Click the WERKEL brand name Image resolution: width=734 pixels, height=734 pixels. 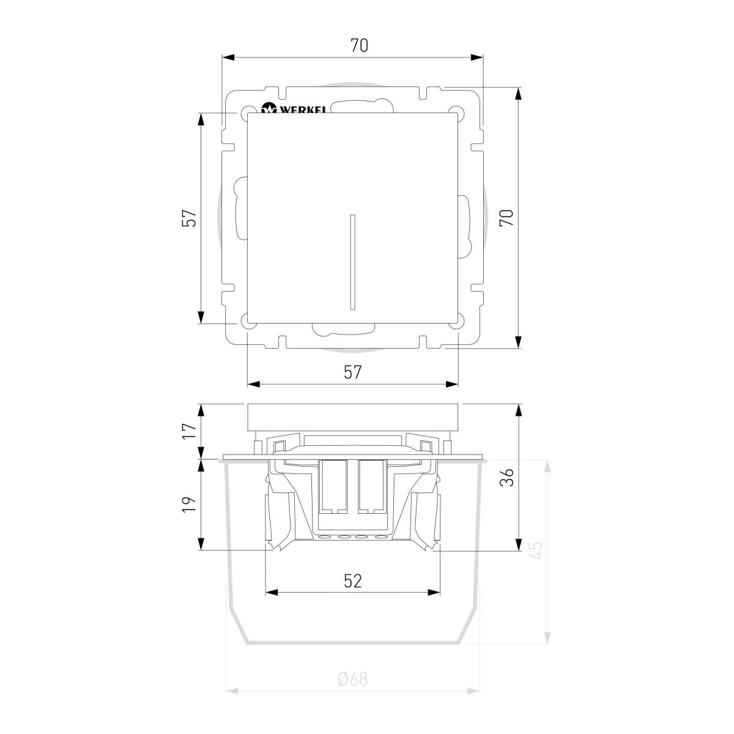point(303,109)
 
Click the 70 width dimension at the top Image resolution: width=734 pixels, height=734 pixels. point(359,46)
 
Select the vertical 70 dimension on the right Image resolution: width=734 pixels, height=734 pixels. point(506,218)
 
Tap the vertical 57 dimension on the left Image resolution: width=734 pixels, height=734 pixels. point(189,218)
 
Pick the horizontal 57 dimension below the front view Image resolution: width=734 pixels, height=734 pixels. point(352,372)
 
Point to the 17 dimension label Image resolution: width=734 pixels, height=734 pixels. point(189,431)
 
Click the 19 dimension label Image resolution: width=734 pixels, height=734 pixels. point(189,504)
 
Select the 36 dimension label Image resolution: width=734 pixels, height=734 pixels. point(506,477)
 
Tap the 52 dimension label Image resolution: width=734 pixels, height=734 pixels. point(353,581)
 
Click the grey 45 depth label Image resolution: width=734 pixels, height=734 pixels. point(536,550)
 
